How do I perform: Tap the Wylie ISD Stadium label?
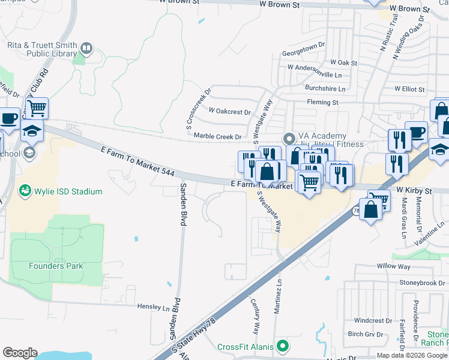[68, 191]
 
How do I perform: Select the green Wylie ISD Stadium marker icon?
[25, 191]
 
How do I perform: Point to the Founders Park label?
[56, 266]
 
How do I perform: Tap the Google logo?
[20, 353]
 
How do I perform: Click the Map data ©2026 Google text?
[411, 355]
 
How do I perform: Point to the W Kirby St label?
[414, 191]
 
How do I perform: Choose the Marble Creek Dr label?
[217, 137]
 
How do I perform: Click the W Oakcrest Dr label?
[229, 112]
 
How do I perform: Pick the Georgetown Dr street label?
[303, 53]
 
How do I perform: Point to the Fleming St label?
[322, 103]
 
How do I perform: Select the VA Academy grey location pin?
[289, 136]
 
